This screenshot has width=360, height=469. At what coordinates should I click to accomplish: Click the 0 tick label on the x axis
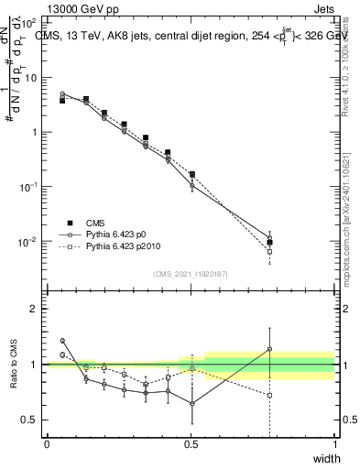coord(47,444)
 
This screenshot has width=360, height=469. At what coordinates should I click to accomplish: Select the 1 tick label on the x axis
coord(334,444)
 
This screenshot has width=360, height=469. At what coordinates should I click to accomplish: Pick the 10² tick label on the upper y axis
coord(29,21)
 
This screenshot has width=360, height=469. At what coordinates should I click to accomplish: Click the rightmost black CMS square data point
coord(269,243)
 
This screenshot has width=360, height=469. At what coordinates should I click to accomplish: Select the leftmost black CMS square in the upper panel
coord(62,101)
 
